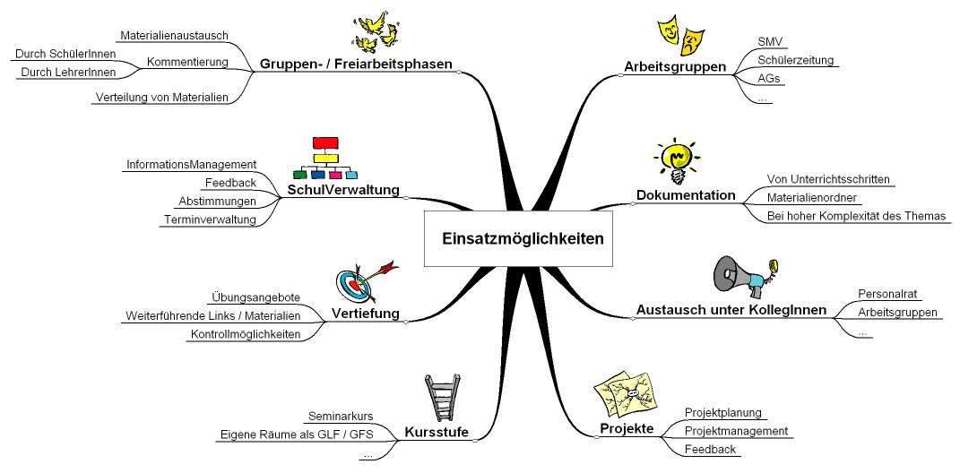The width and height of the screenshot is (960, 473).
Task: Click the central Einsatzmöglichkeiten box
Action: (523, 238)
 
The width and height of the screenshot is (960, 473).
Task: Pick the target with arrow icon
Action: (363, 280)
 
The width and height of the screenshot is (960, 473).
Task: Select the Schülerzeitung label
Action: (795, 60)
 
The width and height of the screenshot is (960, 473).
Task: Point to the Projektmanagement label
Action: (736, 431)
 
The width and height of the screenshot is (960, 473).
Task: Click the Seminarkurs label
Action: (340, 416)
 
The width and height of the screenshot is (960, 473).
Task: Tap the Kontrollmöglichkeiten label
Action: (245, 334)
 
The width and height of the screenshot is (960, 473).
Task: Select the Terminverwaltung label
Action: (210, 219)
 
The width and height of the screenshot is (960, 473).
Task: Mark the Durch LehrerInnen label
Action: (62, 72)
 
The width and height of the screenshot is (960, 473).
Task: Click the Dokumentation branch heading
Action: (686, 195)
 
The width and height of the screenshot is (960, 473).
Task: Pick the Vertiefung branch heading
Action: (365, 314)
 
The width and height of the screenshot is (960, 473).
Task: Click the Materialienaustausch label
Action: (174, 35)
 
